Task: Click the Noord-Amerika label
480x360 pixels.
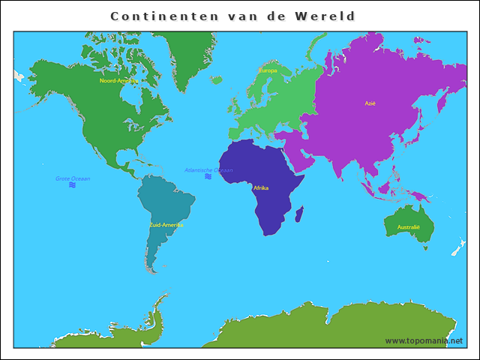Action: point(118,80)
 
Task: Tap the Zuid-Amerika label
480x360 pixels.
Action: point(166,224)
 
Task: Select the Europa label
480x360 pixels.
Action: point(268,71)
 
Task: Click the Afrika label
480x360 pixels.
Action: point(261,187)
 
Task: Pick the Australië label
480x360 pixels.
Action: point(409,226)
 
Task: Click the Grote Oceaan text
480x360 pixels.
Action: point(73,178)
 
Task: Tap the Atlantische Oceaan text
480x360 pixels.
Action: point(208,170)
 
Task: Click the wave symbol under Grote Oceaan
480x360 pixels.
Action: point(73,184)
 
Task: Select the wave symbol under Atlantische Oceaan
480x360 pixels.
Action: point(208,177)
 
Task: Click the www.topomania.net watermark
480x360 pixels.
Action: point(424,340)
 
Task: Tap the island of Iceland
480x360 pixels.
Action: point(216,79)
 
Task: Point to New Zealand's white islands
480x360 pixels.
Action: point(454,248)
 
